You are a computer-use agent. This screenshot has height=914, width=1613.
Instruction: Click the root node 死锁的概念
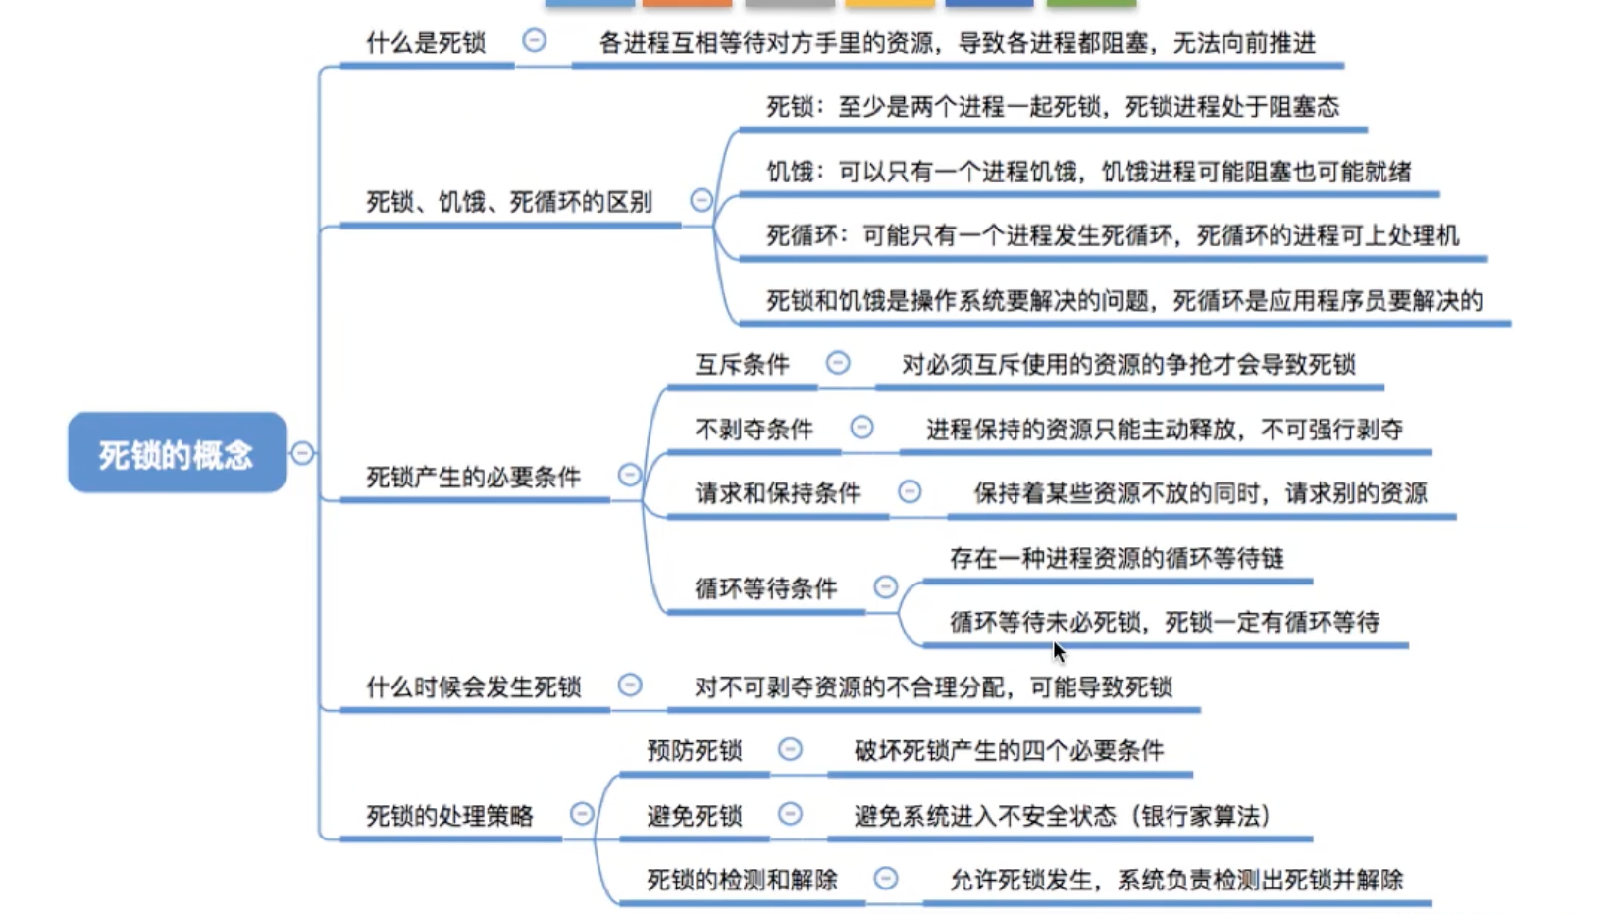pos(178,453)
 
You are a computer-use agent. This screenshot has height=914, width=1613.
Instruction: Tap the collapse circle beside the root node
pos(302,453)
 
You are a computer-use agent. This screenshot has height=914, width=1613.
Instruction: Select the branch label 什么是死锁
pos(426,43)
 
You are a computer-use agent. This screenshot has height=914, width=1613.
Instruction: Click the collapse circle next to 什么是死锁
pos(535,40)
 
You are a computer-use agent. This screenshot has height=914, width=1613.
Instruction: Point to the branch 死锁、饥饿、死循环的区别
pos(509,201)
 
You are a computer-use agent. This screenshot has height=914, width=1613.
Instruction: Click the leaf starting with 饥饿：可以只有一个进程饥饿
pos(1089,172)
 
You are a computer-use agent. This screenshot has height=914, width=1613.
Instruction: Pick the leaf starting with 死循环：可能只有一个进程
pos(1113,235)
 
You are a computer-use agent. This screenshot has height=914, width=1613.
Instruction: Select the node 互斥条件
pos(743,364)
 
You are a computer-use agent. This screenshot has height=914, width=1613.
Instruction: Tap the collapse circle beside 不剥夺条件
pos(862,427)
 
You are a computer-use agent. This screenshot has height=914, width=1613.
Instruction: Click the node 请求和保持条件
pos(778,493)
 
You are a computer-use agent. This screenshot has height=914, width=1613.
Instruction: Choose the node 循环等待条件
pos(766,588)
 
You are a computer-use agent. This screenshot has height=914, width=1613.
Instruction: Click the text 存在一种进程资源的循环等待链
pos(1117,558)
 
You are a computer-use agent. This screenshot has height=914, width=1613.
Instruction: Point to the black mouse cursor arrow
pos(1059,651)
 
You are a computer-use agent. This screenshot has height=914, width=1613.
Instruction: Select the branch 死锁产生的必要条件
pos(473,477)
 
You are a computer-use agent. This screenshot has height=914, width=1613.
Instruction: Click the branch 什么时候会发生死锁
pos(473,686)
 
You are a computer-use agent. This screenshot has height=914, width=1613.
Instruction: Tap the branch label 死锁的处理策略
pos(450,815)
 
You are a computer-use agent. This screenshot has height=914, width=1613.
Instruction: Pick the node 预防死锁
pos(695,750)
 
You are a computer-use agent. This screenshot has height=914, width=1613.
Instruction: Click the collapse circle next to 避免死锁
pos(791,814)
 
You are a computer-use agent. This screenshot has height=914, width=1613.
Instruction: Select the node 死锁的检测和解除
pos(743,879)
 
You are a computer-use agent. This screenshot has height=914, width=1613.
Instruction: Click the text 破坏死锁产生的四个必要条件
pos(1010,750)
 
